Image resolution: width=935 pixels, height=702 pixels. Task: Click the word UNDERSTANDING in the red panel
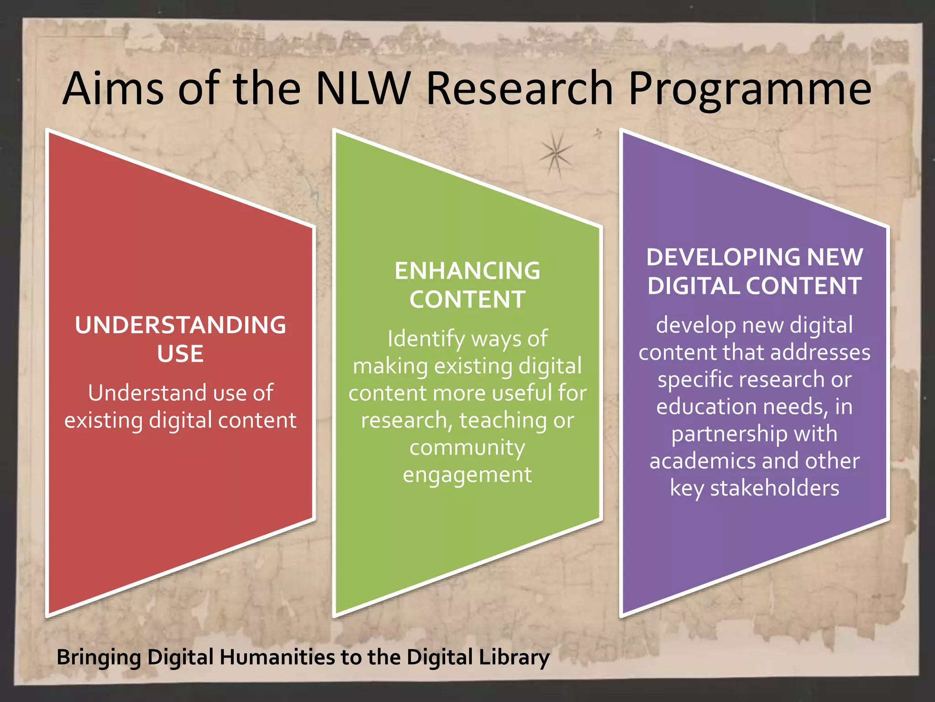pyautogui.click(x=180, y=325)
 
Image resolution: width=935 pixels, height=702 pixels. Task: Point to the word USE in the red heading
pyautogui.click(x=180, y=354)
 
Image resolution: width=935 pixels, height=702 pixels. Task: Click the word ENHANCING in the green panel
pyautogui.click(x=467, y=271)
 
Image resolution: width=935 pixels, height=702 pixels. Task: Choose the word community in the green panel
pyautogui.click(x=467, y=448)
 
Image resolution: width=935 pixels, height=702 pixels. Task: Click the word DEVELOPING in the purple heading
pyautogui.click(x=723, y=257)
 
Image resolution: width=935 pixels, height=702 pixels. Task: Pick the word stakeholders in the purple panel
pyautogui.click(x=774, y=488)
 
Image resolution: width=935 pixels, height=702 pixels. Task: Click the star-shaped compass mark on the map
pyautogui.click(x=555, y=154)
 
